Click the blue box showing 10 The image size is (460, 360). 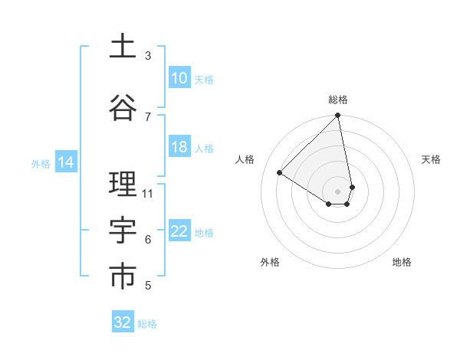[x=179, y=78]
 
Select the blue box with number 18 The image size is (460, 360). [x=179, y=147]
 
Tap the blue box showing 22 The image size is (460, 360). [x=179, y=232]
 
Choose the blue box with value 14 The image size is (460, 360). [x=66, y=162]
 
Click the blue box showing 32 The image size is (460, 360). [x=123, y=322]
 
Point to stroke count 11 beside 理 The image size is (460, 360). [x=148, y=193]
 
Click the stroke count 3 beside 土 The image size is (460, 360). [x=148, y=56]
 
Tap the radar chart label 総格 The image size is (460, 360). [x=338, y=100]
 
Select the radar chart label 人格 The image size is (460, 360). [x=245, y=159]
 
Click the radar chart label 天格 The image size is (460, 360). [x=432, y=159]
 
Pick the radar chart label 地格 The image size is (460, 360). [x=402, y=262]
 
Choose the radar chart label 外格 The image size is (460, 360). [x=270, y=262]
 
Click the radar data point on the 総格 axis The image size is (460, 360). [x=338, y=116]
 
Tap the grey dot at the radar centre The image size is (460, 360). [x=338, y=191]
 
